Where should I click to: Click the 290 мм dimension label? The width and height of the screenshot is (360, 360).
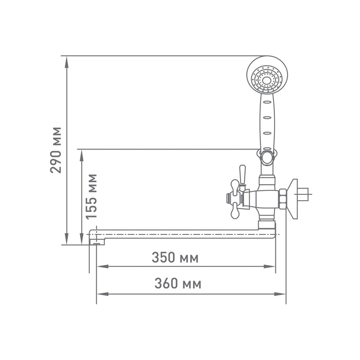click(56, 150)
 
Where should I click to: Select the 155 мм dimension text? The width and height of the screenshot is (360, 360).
click(91, 196)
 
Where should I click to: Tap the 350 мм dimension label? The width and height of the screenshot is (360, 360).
click(175, 258)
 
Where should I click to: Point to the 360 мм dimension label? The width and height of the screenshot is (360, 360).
click(178, 284)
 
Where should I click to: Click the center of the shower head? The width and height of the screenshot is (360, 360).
click(267, 78)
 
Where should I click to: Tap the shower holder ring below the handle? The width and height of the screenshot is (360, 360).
click(267, 156)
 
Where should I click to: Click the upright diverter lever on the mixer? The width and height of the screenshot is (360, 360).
click(243, 177)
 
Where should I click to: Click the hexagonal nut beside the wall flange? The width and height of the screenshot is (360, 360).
click(283, 198)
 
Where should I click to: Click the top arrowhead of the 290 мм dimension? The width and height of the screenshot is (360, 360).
click(67, 61)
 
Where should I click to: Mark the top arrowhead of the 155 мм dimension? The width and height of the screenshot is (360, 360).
click(81, 154)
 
